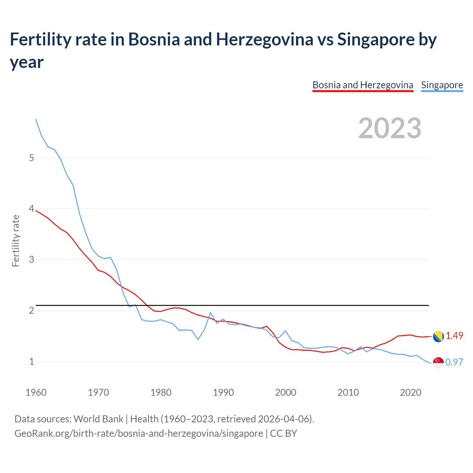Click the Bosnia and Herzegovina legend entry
[363, 85]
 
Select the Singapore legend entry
[442, 85]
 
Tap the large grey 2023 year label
[389, 128]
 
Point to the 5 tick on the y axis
[31, 158]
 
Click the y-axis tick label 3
[31, 259]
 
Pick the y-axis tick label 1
[31, 361]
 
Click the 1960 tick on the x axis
[36, 392]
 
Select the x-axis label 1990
[223, 392]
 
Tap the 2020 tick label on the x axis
[411, 392]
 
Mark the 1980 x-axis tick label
[161, 392]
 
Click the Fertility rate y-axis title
[16, 241]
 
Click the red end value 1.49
[454, 336]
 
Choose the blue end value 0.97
[454, 362]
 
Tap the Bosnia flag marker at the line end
[438, 336]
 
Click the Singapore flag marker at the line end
[438, 363]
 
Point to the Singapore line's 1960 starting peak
[36, 119]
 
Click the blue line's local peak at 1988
[210, 313]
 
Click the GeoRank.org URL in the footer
[139, 433]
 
